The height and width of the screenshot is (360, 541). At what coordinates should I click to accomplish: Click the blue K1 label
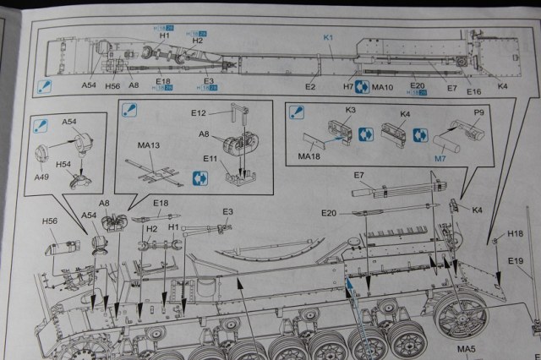click(330, 38)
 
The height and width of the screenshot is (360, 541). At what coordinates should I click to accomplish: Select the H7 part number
click(347, 86)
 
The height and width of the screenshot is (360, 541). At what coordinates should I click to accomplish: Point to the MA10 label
click(382, 86)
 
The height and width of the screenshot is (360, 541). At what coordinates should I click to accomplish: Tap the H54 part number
click(63, 165)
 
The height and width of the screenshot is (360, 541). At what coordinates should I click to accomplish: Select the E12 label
click(198, 112)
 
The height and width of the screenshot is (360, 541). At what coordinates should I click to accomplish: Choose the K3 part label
click(349, 110)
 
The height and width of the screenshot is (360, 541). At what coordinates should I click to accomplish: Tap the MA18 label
click(309, 155)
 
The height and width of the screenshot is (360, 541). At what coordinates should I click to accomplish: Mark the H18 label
click(516, 233)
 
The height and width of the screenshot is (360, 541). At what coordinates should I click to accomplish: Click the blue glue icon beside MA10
click(361, 86)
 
